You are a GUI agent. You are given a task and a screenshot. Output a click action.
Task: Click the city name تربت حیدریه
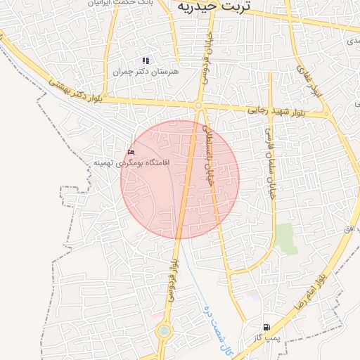tap(219, 6)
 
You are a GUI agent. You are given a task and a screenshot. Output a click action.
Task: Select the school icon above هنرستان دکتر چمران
tap(146, 61)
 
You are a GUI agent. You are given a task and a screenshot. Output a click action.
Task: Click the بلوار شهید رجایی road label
tap(276, 111)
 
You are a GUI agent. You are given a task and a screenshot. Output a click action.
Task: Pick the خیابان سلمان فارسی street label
tap(269, 162)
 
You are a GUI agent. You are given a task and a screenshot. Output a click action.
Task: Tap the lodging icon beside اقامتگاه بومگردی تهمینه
tap(131, 153)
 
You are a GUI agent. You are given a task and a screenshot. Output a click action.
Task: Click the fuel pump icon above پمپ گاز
tap(266, 327)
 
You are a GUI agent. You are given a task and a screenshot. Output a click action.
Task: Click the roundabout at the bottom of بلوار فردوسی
tap(165, 330)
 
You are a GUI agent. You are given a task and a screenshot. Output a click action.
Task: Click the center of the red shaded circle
tap(180, 179)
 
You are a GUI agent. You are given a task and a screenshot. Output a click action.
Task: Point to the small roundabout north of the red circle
tap(199, 105)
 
